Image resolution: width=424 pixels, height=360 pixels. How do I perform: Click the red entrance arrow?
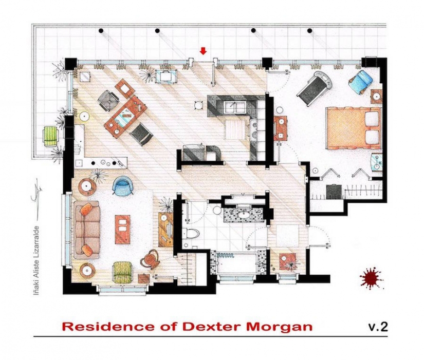coord(204,51)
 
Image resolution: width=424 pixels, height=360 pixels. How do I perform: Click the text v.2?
coord(377,327)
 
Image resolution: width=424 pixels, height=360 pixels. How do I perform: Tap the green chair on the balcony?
coord(50,136)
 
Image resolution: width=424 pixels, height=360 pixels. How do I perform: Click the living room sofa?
coord(87,229)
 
